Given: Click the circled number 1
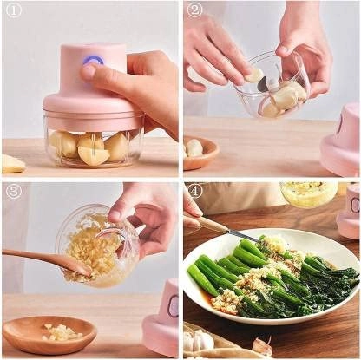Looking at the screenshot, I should click(13, 11).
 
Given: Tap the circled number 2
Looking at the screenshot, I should click(194, 10).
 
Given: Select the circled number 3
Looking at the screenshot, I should click(13, 191).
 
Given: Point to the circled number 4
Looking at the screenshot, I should click(194, 191).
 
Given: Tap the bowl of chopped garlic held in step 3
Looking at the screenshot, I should click(96, 245).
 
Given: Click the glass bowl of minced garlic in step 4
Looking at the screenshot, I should click(309, 193).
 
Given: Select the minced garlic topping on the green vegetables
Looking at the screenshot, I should click(260, 276).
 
